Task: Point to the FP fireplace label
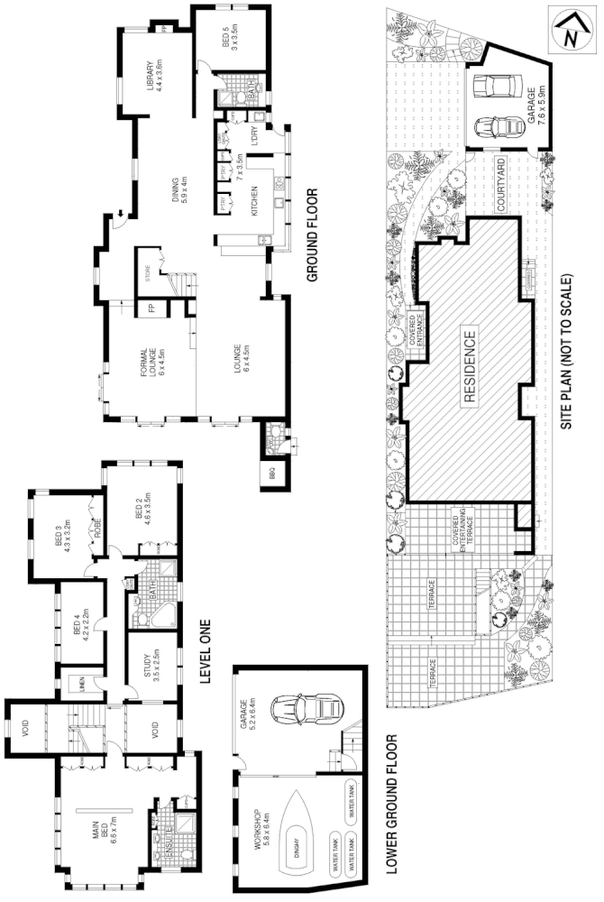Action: [x=151, y=308]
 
